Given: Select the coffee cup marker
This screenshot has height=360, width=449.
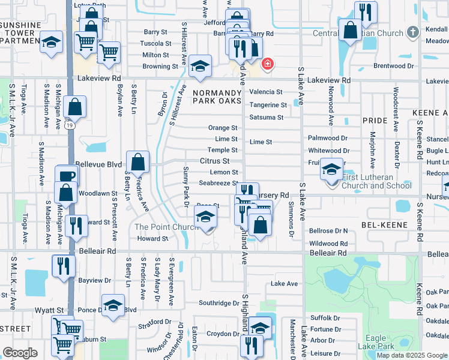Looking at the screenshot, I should pos(67,176).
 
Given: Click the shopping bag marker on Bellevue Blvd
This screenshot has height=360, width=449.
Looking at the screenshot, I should pos(137,161).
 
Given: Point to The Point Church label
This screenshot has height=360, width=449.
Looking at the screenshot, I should pos(166,227).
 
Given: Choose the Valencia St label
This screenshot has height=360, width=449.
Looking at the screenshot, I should pos(266,92).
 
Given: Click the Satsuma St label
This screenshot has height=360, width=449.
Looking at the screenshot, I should pos(267,117).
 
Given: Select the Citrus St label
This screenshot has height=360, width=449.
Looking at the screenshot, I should pos(215,161).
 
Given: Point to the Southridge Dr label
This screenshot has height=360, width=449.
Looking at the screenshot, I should pos(219,303).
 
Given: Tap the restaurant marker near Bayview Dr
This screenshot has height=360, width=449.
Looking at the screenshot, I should pos(62,266).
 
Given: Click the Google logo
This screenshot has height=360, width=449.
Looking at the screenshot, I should pos(20,353).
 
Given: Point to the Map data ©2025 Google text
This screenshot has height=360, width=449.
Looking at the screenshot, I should pos(411,355).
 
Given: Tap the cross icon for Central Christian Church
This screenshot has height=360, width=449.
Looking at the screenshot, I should pos(412,31).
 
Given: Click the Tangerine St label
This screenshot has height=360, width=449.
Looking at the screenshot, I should pos(268,104).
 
